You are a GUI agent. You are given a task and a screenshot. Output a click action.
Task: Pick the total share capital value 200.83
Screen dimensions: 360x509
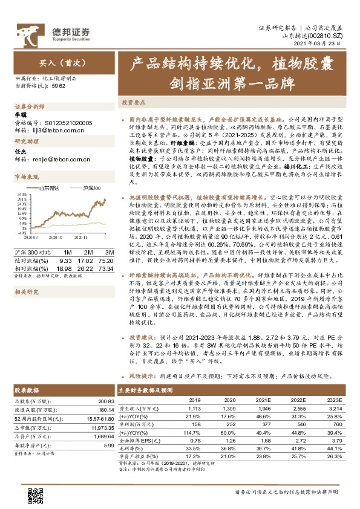tap(106, 402)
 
